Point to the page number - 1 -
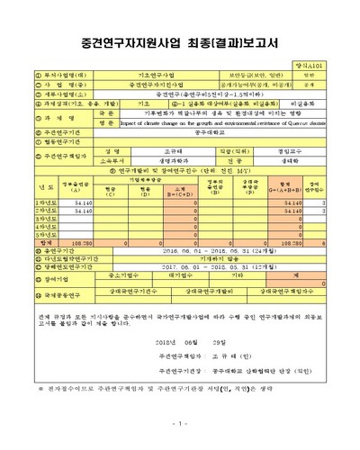[x=180, y=423]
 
